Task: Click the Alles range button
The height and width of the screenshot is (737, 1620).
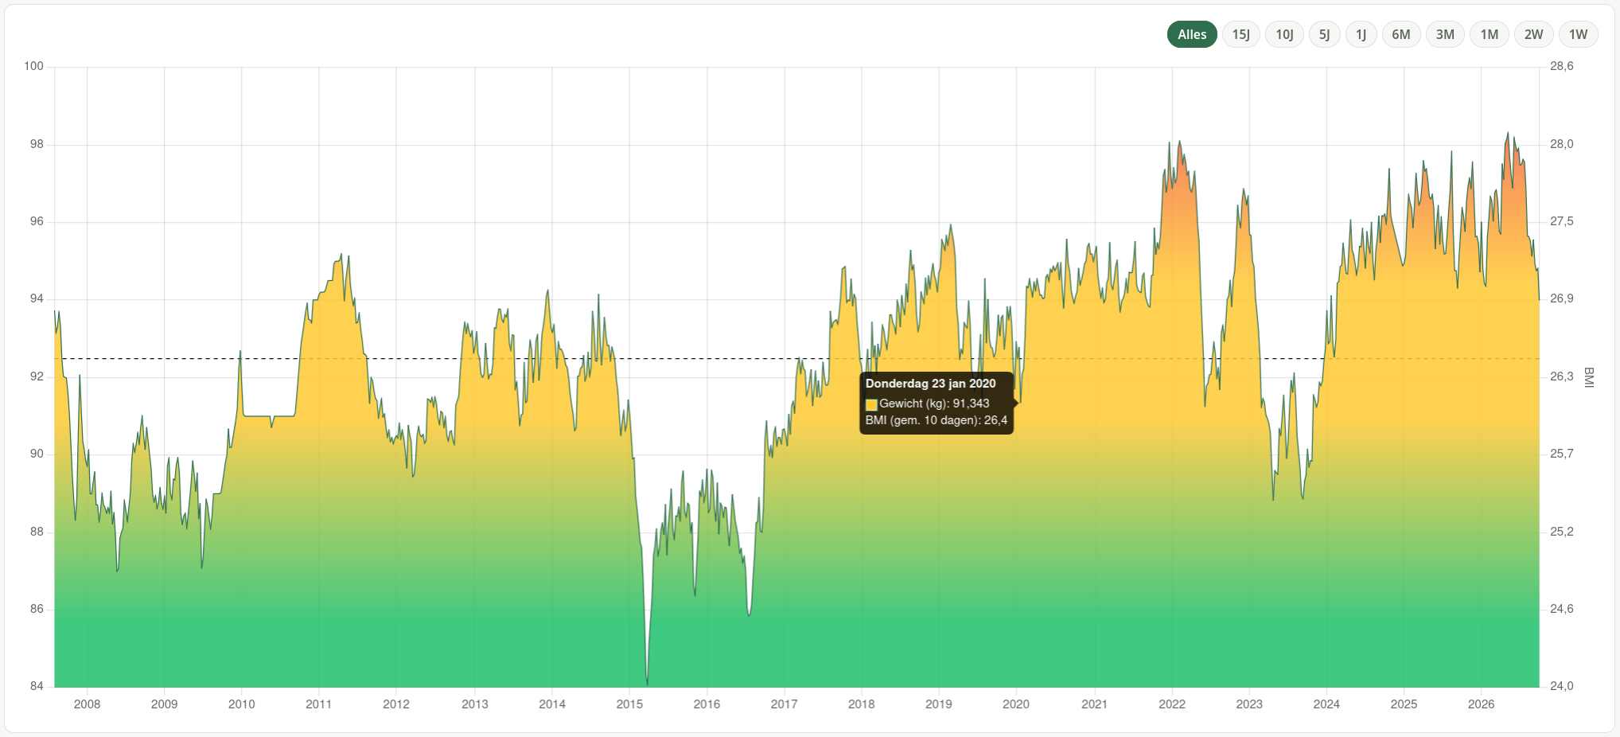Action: (x=1192, y=34)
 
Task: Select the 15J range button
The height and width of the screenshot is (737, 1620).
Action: (x=1240, y=34)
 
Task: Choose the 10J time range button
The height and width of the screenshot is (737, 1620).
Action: (x=1284, y=34)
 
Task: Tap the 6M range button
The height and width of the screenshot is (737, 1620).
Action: (x=1401, y=34)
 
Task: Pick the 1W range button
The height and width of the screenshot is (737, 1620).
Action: (x=1578, y=34)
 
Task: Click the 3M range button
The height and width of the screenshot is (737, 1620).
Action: (x=1445, y=34)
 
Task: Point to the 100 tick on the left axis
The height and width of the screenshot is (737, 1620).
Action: (x=33, y=66)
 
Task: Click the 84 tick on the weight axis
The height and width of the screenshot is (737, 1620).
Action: (x=37, y=686)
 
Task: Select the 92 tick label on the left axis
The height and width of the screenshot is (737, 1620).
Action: (x=37, y=376)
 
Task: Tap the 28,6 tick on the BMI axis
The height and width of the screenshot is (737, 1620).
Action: (x=1562, y=66)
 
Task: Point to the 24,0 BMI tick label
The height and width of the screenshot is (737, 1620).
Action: (x=1562, y=686)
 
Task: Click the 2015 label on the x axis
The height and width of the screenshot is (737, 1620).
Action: (x=629, y=704)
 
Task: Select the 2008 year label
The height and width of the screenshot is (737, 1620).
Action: (x=87, y=704)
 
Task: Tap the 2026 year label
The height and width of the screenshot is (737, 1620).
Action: (x=1481, y=704)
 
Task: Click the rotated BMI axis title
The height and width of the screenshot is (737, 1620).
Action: (x=1589, y=377)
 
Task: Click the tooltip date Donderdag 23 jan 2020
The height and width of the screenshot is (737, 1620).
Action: (x=930, y=384)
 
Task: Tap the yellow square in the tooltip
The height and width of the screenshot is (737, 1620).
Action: (x=871, y=404)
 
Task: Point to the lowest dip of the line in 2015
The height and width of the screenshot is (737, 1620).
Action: (x=648, y=684)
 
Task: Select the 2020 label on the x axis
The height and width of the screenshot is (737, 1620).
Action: (x=1015, y=704)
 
